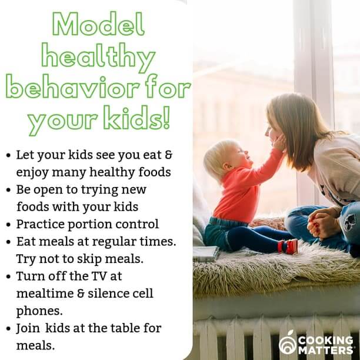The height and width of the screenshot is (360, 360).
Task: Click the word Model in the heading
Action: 98,24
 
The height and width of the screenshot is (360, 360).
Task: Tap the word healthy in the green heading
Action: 98,58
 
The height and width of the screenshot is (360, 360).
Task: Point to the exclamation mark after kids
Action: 167,117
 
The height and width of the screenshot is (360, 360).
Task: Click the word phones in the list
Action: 38,311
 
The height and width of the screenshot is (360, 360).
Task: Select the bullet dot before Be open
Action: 9,190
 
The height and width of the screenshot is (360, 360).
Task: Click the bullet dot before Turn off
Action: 9,276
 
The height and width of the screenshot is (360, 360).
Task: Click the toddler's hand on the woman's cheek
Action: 278,142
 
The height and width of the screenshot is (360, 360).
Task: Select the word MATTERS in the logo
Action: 326,350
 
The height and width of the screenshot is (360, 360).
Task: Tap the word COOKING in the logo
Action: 325,340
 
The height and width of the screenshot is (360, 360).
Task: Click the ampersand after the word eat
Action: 168,155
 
